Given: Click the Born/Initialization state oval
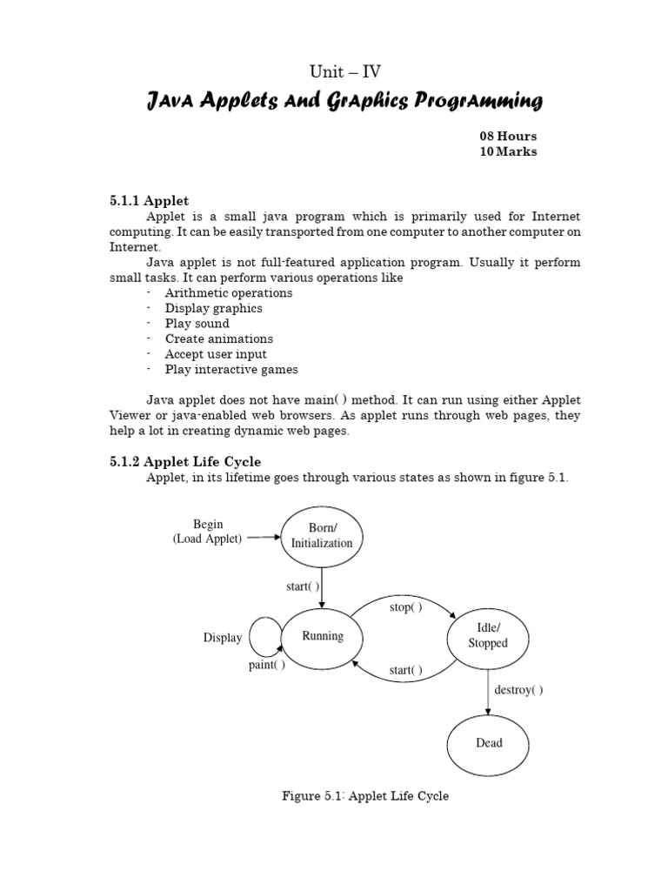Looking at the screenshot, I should [x=322, y=535].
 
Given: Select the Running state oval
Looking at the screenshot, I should [x=322, y=636].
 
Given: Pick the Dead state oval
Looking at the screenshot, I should [x=488, y=743].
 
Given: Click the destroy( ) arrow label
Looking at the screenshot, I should [x=518, y=690].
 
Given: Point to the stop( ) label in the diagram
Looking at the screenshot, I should [x=405, y=607].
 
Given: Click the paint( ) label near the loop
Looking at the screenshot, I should [x=266, y=665].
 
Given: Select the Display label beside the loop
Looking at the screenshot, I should [x=223, y=638].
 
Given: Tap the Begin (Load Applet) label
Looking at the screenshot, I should [x=208, y=532].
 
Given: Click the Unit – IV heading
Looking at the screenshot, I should [x=345, y=72].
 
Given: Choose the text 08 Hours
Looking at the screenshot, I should [x=508, y=137].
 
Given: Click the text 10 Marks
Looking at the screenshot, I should [x=508, y=151].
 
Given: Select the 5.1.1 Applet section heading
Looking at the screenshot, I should [x=149, y=201].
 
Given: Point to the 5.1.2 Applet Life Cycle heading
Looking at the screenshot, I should [x=185, y=461].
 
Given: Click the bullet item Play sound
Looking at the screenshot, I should [x=197, y=324].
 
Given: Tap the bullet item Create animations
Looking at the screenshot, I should [x=218, y=338].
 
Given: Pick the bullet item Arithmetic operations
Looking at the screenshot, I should [x=229, y=293].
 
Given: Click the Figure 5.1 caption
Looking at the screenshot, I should [x=365, y=795].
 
